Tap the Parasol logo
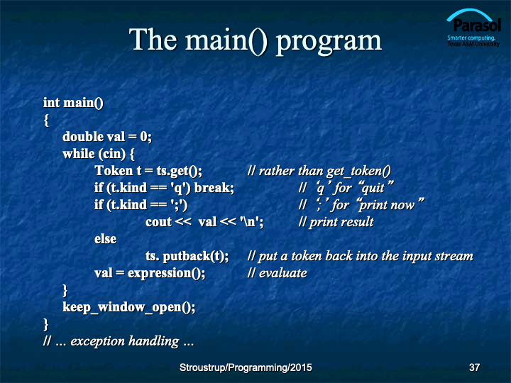pos(473,28)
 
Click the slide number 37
pos(474,367)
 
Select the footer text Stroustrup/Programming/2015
pos(246,367)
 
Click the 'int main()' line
pos(73,103)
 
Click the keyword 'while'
pos(79,154)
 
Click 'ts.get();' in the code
pos(180,172)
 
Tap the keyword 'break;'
pos(214,188)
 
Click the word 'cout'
pos(159,222)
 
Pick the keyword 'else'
pos(105,239)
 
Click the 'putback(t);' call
pos(196,257)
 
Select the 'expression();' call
pos(167,274)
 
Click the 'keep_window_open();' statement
pos(129,307)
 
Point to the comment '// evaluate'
pos(277,273)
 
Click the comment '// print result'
pos(336,222)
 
